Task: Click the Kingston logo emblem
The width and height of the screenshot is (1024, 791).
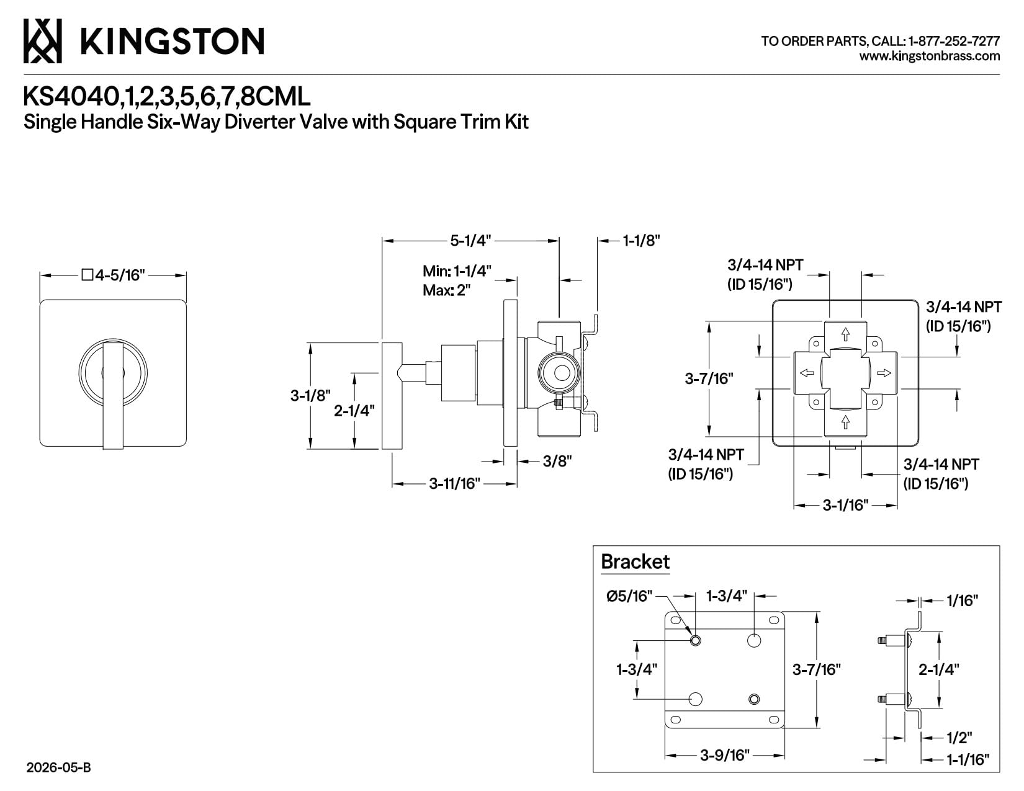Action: [42, 41]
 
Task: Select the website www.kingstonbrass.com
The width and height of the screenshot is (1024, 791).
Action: [929, 56]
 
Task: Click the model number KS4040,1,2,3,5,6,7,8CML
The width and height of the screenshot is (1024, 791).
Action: [167, 97]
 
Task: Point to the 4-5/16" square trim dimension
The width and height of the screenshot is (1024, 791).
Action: [113, 275]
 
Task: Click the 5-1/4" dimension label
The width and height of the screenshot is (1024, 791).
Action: [470, 241]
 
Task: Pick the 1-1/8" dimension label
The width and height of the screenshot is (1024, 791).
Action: [641, 241]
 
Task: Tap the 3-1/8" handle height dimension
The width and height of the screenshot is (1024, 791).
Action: [310, 395]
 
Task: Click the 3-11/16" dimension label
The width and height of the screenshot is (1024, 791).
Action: [454, 483]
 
